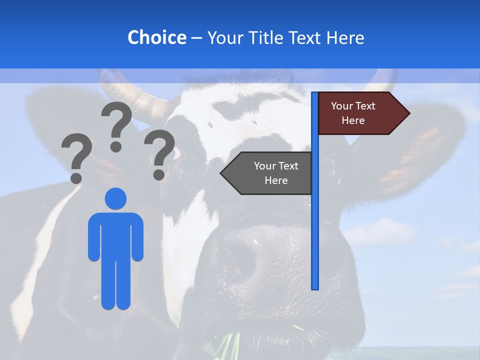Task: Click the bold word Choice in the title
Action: click(156, 37)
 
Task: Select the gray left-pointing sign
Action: click(270, 173)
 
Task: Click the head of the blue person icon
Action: click(115, 198)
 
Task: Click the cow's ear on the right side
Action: click(415, 145)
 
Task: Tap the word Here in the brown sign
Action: click(353, 120)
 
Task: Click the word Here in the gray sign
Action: click(276, 180)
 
